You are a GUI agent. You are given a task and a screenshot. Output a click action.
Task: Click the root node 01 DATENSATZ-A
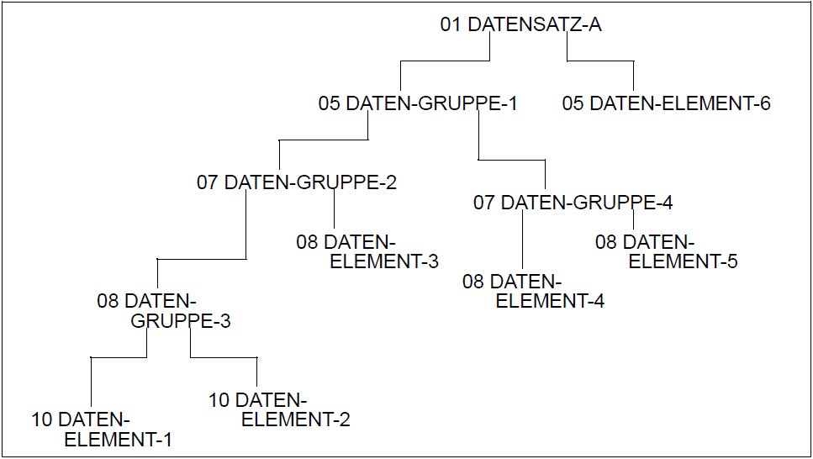pyautogui.click(x=520, y=24)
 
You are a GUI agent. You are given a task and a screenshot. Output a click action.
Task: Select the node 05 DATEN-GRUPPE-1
pyautogui.click(x=418, y=104)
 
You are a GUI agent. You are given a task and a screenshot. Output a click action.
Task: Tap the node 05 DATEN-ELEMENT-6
pyautogui.click(x=666, y=104)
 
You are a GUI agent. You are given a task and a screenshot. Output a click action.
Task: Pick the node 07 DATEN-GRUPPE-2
pyautogui.click(x=297, y=182)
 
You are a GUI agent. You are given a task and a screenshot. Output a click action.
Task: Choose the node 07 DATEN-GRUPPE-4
pyautogui.click(x=573, y=203)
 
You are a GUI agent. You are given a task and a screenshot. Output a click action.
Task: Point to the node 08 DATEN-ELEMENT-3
pyautogui.click(x=367, y=251)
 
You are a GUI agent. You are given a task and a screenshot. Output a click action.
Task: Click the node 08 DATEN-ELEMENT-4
pyautogui.click(x=533, y=291)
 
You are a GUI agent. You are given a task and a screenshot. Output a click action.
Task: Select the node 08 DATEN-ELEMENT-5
pyautogui.click(x=666, y=251)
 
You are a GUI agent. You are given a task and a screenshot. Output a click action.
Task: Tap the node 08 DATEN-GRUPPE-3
pyautogui.click(x=164, y=311)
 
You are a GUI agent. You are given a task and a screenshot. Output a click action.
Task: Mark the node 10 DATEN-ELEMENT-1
pyautogui.click(x=102, y=429)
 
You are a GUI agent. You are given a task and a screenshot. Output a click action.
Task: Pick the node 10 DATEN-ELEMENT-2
pyautogui.click(x=279, y=409)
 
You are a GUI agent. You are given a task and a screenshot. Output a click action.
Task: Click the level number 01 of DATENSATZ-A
pyautogui.click(x=451, y=24)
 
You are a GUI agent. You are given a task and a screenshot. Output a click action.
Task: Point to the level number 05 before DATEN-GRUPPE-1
pyautogui.click(x=329, y=104)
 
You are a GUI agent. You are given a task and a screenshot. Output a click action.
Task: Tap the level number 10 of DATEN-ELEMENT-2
pyautogui.click(x=219, y=399)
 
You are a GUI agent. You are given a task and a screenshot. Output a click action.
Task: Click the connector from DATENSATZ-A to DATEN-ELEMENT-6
pyautogui.click(x=600, y=61)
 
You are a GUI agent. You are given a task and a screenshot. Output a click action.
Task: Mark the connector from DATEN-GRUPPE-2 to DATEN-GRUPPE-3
pyautogui.click(x=202, y=260)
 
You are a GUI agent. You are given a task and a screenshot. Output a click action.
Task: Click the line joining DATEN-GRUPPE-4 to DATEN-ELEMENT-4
pyautogui.click(x=523, y=241)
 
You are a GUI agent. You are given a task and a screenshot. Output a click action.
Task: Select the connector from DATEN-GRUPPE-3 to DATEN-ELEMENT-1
pyautogui.click(x=118, y=358)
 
